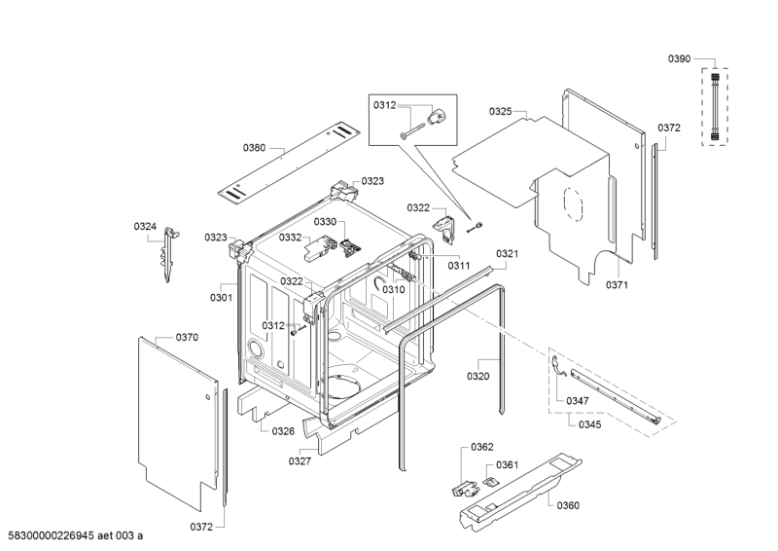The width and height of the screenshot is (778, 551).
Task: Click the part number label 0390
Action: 679,59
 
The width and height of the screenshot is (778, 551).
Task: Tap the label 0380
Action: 254,148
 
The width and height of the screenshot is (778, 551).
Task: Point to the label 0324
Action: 145,227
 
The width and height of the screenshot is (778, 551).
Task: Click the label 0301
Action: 221,298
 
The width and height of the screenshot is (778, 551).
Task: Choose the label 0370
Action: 187,337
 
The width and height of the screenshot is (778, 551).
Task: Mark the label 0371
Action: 618,284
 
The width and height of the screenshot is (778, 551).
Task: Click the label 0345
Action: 589,425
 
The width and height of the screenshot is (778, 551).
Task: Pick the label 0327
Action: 299,461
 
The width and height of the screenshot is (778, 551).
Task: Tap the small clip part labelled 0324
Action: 168,252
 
